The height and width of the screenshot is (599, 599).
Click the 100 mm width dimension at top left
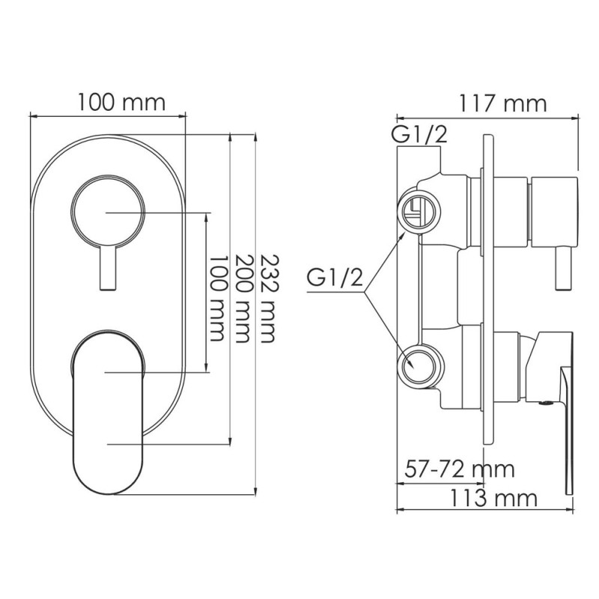pyautogui.click(x=121, y=102)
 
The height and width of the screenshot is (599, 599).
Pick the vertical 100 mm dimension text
pyautogui.click(x=217, y=298)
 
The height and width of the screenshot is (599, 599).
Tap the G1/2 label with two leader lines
pyautogui.click(x=335, y=280)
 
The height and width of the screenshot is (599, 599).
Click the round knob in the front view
pyautogui.click(x=106, y=213)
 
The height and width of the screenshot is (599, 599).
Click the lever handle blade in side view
pyautogui.click(x=568, y=419)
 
